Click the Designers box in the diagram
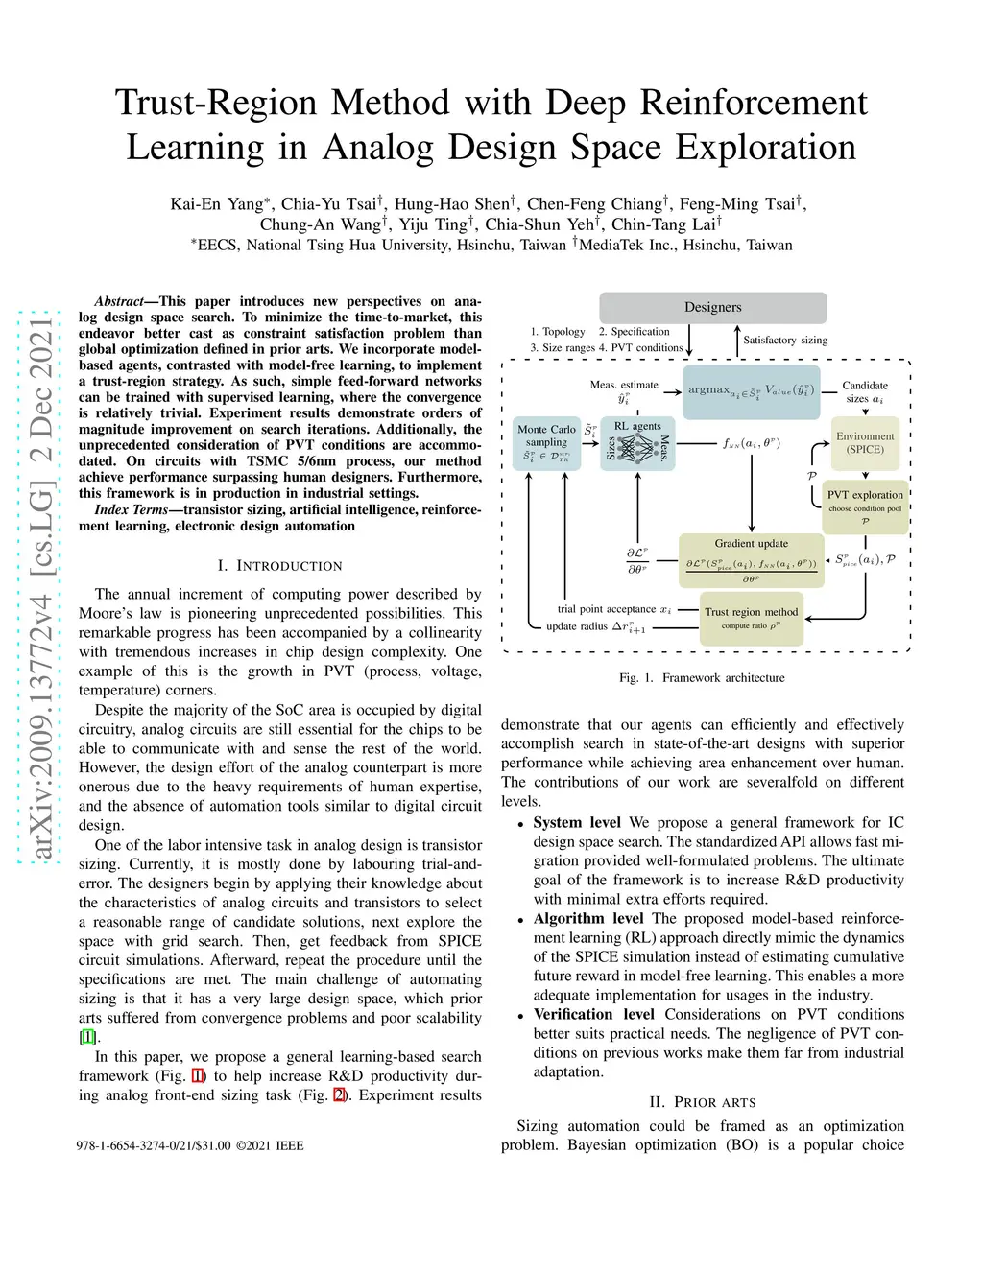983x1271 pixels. pyautogui.click(x=712, y=308)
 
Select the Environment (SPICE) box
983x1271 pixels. pyautogui.click(x=865, y=443)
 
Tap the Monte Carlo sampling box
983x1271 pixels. pyautogui.click(x=546, y=443)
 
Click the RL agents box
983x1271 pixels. pyautogui.click(x=637, y=443)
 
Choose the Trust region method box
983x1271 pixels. pyautogui.click(x=751, y=618)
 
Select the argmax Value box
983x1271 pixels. pyautogui.click(x=752, y=391)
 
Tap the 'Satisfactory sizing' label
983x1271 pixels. pyautogui.click(x=784, y=341)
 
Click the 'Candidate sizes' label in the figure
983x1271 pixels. pyautogui.click(x=865, y=391)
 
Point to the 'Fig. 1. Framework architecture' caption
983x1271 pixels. pyautogui.click(x=702, y=678)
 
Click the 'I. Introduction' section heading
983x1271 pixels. pyautogui.click(x=279, y=566)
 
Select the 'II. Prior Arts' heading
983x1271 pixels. pyautogui.click(x=702, y=1102)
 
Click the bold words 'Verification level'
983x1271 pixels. pyautogui.click(x=593, y=1015)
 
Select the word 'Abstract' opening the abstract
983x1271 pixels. pyautogui.click(x=119, y=301)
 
